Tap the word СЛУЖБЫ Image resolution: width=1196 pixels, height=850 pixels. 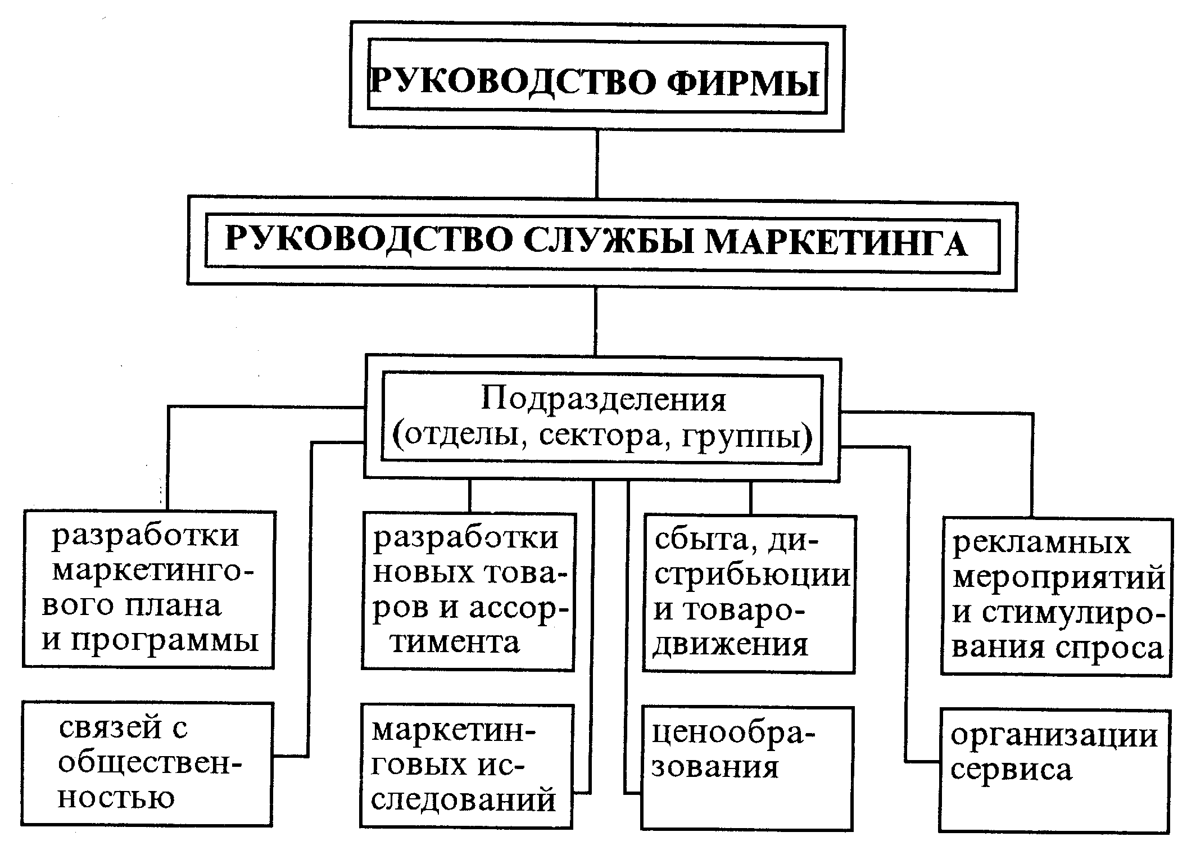pos(606,242)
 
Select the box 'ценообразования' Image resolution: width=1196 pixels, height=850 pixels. pos(747,768)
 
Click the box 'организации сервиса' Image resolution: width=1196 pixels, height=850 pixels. pos(1055,770)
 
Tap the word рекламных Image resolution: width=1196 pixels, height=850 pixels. pos(1041,543)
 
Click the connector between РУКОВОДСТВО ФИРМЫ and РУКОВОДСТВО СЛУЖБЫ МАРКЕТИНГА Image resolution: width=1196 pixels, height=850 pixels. pos(596,164)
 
